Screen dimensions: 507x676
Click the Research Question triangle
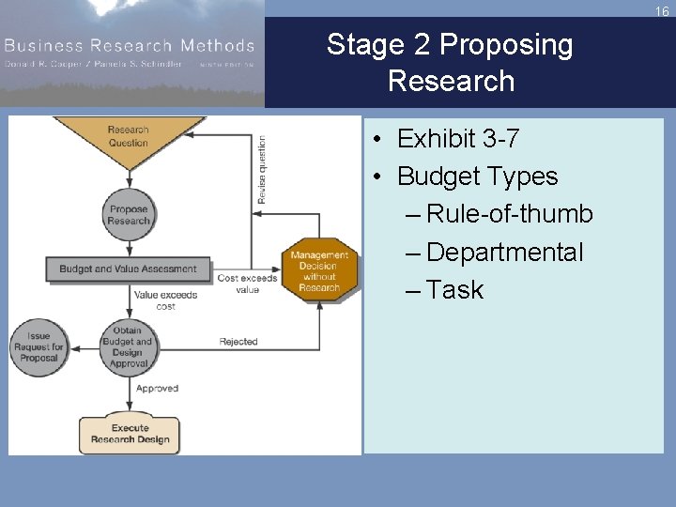[x=129, y=138]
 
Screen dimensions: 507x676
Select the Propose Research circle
[x=129, y=215]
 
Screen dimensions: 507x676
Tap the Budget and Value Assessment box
[x=128, y=269]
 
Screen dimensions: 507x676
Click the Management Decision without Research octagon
[x=319, y=271]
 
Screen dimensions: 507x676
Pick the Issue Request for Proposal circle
[x=38, y=346]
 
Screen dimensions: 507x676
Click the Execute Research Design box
[x=129, y=433]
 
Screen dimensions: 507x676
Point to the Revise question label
[x=262, y=170]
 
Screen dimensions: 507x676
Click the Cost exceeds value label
[x=248, y=284]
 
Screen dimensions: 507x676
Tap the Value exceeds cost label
[x=165, y=300]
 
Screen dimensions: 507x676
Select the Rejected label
[x=238, y=342]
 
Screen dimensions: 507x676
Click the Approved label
[x=157, y=388]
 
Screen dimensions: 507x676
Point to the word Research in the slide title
[x=451, y=81]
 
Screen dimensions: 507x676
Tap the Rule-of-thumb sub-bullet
[x=510, y=214]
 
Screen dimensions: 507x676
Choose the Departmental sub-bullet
[x=505, y=252]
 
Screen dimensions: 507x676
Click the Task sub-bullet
[x=455, y=289]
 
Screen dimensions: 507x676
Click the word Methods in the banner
[x=213, y=45]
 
